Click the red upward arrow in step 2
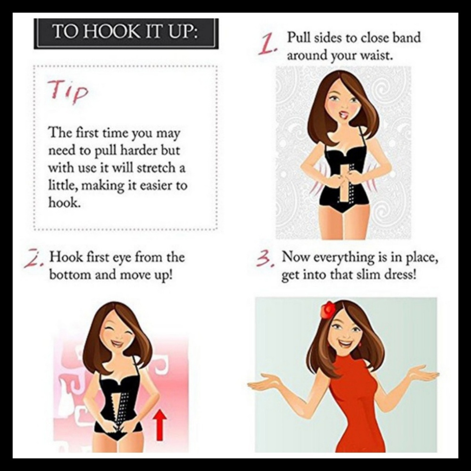[x=161, y=424]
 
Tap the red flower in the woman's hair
[x=328, y=310]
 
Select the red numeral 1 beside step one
[x=267, y=45]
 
